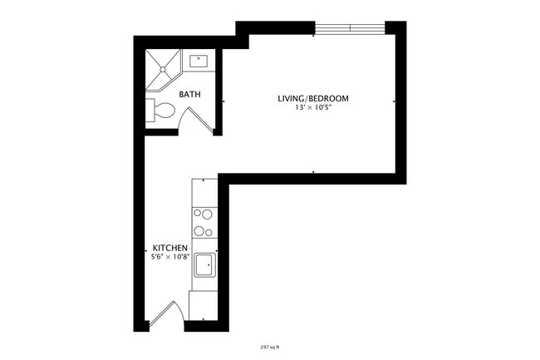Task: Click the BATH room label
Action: [190, 95]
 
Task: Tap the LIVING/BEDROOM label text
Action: [312, 99]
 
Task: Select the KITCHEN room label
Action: [169, 249]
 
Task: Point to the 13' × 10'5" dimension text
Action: [312, 108]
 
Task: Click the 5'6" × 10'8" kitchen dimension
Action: [169, 258]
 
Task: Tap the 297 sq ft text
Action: [270, 347]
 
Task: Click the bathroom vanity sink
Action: [199, 60]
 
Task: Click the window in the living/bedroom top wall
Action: [349, 29]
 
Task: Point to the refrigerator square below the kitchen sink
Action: [204, 303]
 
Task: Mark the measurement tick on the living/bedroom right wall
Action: [394, 101]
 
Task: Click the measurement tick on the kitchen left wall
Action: [145, 249]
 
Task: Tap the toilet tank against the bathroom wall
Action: [150, 111]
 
